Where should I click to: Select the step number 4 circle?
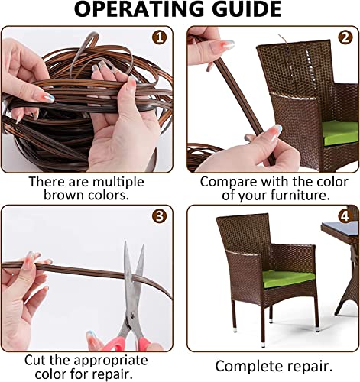[x=345, y=215]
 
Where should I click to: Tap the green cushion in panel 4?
[x=288, y=276]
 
